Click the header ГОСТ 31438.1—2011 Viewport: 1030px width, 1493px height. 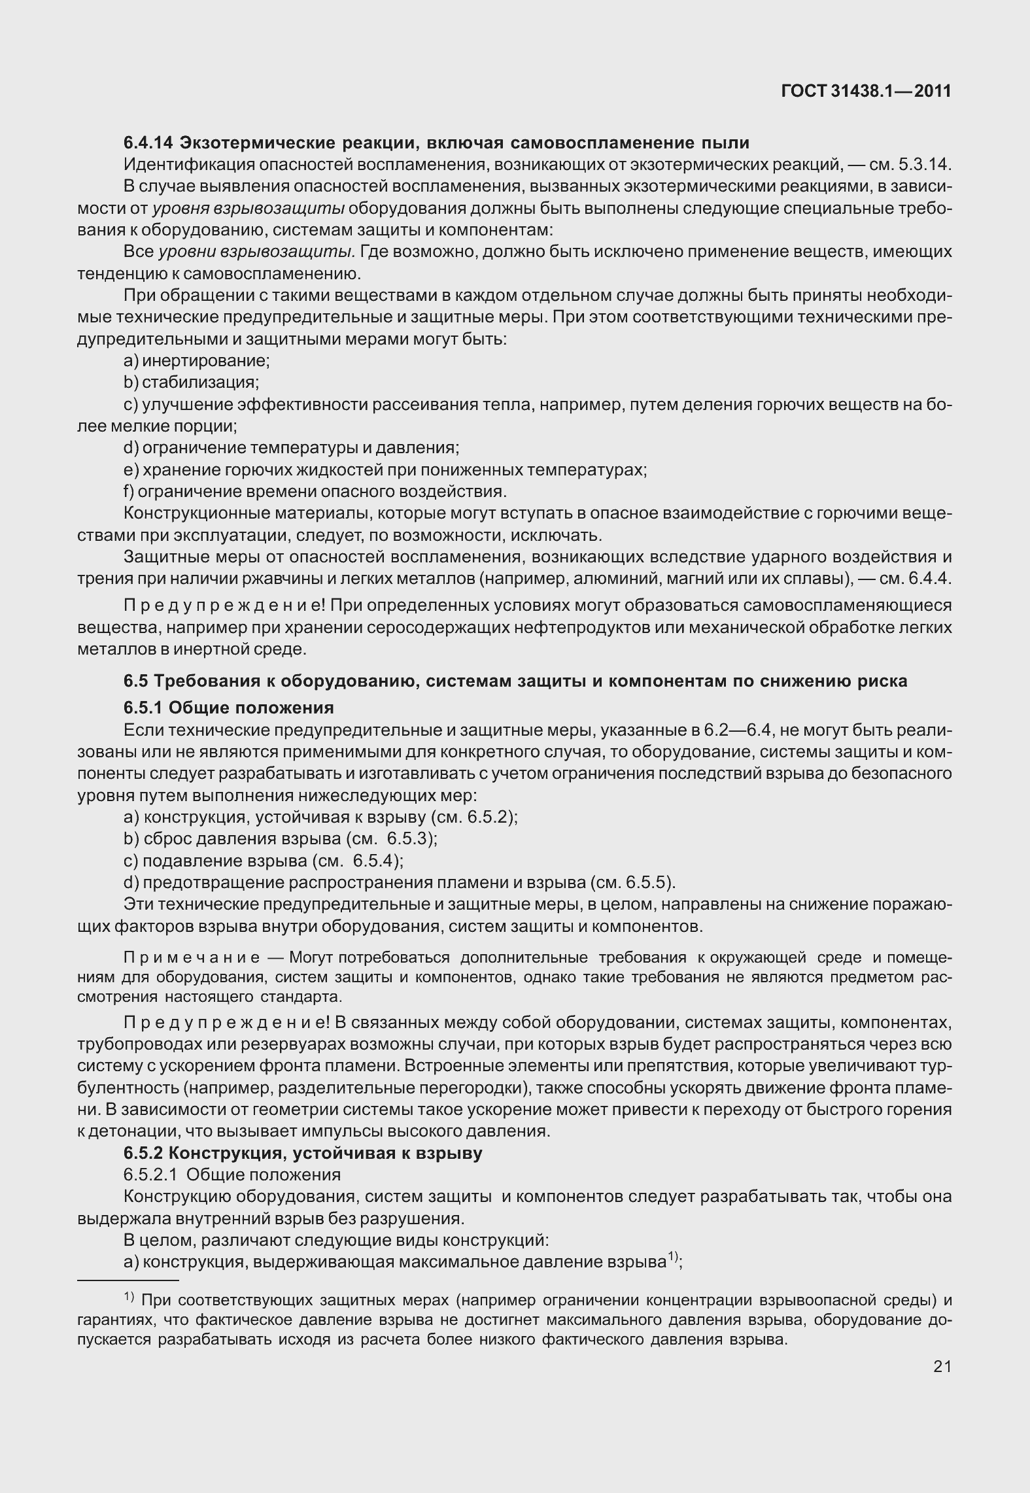click(866, 92)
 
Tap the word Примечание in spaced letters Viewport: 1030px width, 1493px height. click(192, 958)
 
